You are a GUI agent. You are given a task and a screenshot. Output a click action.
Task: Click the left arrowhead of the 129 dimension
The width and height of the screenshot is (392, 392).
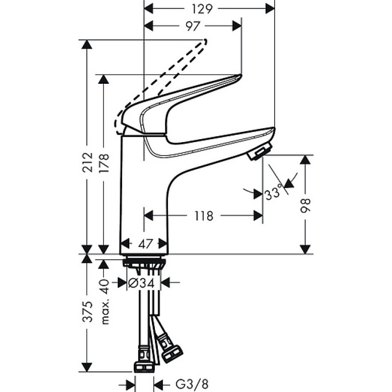[148, 8]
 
